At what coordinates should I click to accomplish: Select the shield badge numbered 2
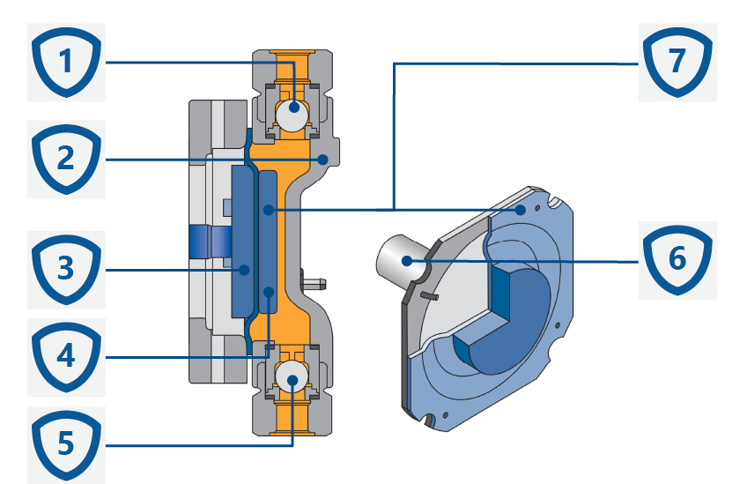pos(66,160)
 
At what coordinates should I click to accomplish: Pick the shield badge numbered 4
pos(66,358)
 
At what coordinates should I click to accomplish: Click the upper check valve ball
pos(292,115)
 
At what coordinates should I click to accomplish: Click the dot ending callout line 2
pos(323,160)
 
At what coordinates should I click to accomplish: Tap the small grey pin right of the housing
pos(318,283)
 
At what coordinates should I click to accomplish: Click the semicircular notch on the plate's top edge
pos(553,202)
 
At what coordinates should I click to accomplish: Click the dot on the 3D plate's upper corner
pos(523,210)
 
